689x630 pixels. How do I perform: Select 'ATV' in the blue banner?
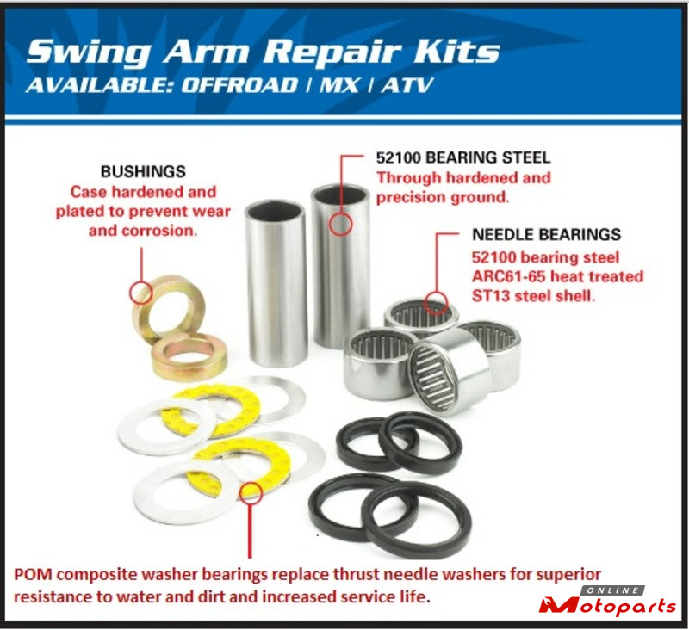407,85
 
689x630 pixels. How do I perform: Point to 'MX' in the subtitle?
339,85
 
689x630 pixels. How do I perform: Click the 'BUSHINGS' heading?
143,171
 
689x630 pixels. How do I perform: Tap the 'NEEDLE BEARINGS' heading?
547,234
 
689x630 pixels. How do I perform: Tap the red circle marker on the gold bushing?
141,293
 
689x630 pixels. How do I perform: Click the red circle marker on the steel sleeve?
340,223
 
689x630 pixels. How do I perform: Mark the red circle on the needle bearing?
436,303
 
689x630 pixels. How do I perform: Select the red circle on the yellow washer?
251,491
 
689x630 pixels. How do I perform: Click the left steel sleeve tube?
276,283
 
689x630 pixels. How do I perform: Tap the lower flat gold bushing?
189,357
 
